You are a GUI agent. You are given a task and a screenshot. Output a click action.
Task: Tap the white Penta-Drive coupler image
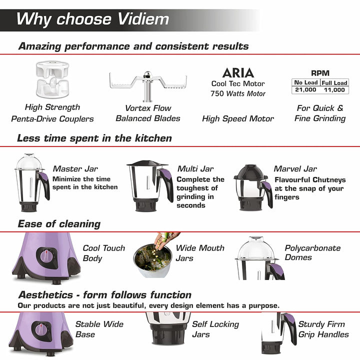[52, 79]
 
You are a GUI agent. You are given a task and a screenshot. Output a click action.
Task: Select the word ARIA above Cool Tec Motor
[238, 73]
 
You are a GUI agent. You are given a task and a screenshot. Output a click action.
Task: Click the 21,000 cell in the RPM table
[305, 89]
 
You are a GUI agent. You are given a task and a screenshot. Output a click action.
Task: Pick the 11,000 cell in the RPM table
[334, 90]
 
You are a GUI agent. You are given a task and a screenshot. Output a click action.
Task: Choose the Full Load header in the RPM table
[334, 82]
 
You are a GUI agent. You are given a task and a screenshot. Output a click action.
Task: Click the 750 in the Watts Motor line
[217, 93]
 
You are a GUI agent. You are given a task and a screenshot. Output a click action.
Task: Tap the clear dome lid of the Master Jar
[29, 161]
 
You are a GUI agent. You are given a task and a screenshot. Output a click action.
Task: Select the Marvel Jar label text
[295, 169]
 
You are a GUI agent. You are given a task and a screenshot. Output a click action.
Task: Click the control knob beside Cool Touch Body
[46, 256]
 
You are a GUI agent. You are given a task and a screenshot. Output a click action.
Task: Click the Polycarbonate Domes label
[312, 252]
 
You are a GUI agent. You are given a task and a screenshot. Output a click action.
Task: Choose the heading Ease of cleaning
[59, 224]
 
